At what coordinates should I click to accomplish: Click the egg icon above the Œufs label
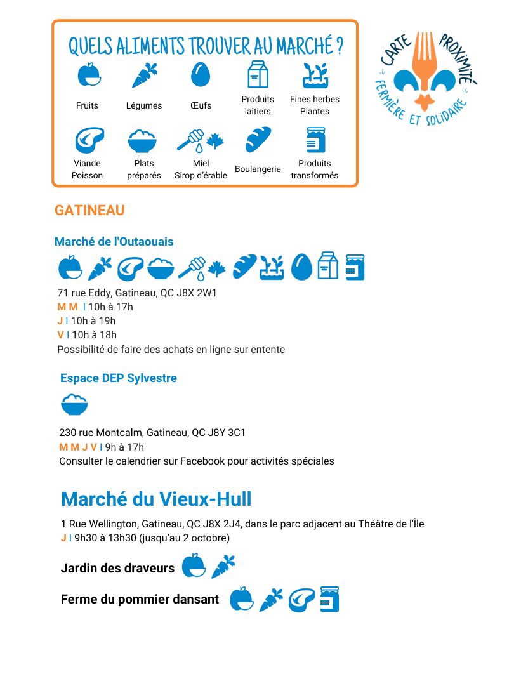201,75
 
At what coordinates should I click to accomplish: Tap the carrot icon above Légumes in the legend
144,75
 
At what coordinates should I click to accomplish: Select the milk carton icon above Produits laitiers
258,74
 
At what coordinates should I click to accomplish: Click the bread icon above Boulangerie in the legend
258,140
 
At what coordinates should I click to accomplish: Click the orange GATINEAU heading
89,210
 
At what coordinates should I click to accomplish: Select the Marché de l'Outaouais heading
114,242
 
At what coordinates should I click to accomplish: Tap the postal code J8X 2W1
199,293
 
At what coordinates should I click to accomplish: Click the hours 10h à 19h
93,321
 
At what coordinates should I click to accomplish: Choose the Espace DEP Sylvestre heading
119,378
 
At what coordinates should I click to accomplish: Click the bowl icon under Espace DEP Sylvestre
74,405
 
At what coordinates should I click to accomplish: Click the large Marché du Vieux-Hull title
156,499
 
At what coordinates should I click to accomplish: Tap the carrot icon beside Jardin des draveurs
223,566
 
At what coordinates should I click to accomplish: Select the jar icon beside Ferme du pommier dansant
329,599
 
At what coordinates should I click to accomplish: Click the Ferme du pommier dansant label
140,600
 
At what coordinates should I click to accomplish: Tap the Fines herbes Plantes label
315,105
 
